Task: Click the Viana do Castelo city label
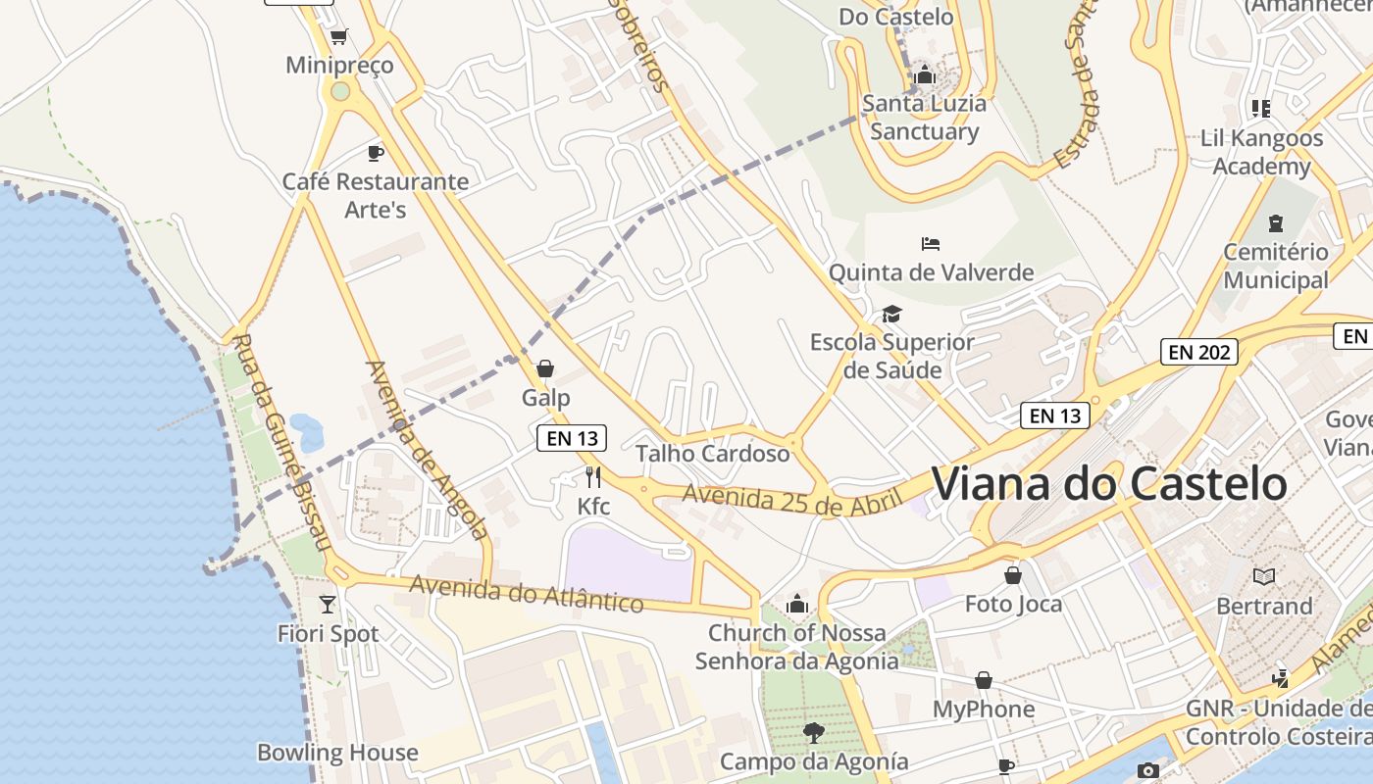pos(1108,484)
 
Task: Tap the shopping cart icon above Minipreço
pos(339,37)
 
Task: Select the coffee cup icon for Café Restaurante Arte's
pos(375,152)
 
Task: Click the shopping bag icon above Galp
pos(545,368)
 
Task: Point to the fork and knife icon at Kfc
pos(592,477)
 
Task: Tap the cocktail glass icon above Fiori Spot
pos(328,604)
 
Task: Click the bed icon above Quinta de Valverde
pos(931,243)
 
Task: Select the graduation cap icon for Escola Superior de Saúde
pos(891,314)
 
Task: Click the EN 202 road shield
pos(1198,352)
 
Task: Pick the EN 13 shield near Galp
pos(572,438)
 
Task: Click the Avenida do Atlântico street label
pos(527,593)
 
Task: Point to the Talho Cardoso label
pos(713,454)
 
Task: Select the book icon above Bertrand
pos(1265,576)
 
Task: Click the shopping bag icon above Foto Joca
pos(1013,574)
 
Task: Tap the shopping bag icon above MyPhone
pos(984,680)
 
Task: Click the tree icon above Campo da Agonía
pos(813,732)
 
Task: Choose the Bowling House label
pos(337,753)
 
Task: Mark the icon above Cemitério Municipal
pos(1275,222)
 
